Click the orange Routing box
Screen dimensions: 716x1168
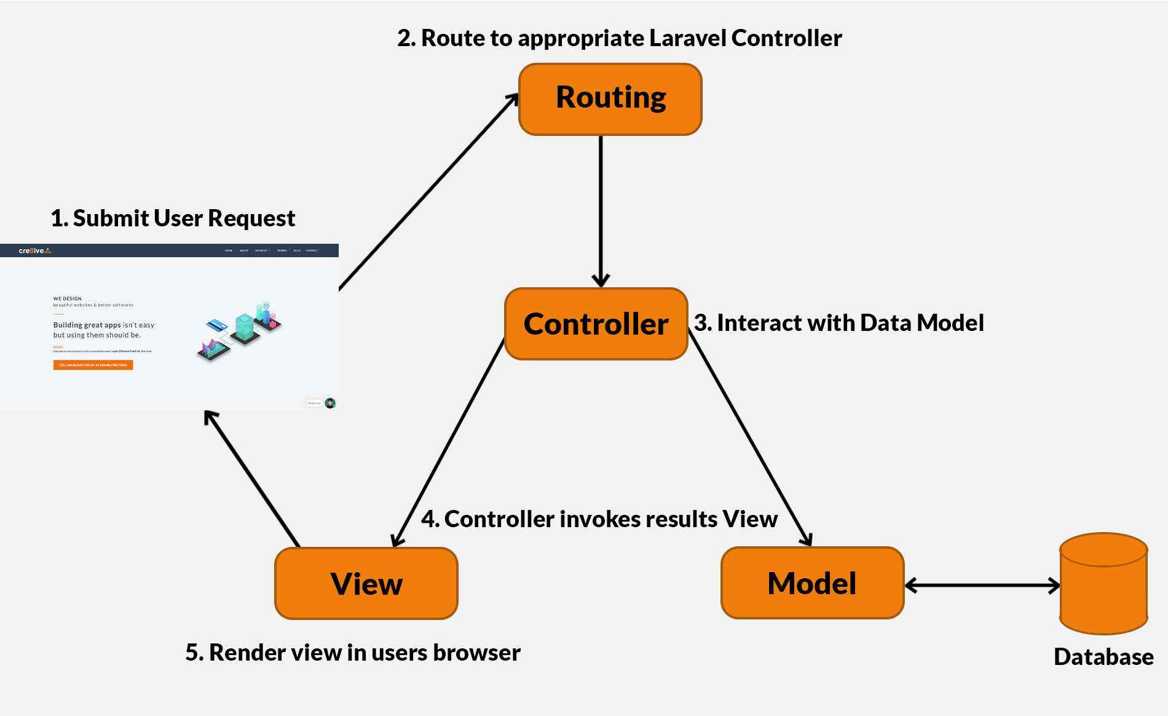pos(610,99)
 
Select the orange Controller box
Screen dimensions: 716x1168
pos(596,324)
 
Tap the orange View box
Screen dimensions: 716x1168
pos(366,583)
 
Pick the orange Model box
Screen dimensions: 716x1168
pos(812,583)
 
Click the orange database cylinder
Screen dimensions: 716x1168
pos(1103,584)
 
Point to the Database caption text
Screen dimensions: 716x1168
pos(1103,657)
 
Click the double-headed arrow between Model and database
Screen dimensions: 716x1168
pos(982,585)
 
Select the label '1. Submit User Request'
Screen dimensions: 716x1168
pos(173,218)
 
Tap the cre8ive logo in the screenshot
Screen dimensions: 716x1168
pos(34,251)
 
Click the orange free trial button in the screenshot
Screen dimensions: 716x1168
pos(93,365)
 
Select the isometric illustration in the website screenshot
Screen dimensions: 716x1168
pos(240,330)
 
